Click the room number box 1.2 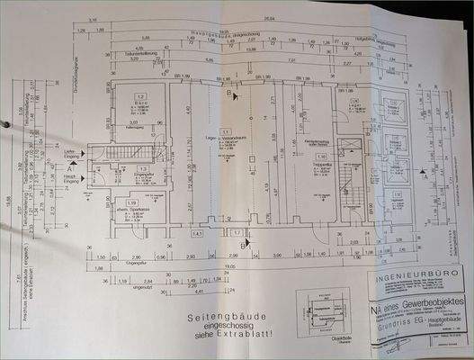pos(140,95)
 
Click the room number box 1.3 pos(143,168)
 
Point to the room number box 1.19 pos(132,202)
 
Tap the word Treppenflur pos(319,164)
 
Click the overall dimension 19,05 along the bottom pos(230,266)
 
